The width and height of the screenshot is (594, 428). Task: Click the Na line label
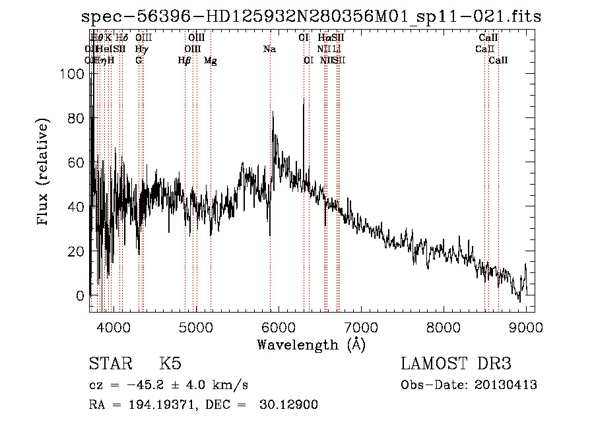pos(269,49)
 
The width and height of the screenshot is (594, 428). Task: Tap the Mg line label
pos(211,60)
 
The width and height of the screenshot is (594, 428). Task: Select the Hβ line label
pos(185,60)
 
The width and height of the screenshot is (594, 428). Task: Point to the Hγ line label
pos(141,49)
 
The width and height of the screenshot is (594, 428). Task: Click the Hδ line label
pos(121,38)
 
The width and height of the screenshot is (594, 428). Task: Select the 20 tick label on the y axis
pos(78,251)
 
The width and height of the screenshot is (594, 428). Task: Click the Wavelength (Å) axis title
pos(311,344)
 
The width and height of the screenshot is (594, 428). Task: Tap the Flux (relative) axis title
pos(44,173)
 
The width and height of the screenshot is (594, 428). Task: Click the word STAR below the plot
pos(110,364)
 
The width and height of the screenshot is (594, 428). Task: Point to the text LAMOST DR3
pos(456,364)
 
